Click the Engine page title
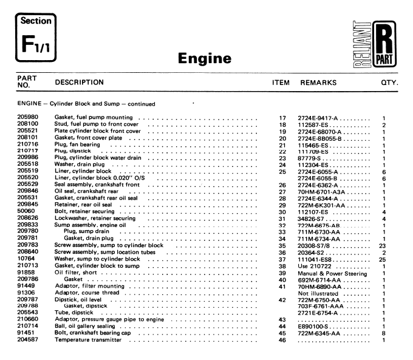[205, 59]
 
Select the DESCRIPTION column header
[80, 82]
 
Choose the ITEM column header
[281, 82]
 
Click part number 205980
[28, 117]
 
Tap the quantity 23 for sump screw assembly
[383, 245]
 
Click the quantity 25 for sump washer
[383, 259]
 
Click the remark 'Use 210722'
[316, 267]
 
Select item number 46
[282, 340]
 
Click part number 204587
[28, 340]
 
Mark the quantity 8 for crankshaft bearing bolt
[384, 333]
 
